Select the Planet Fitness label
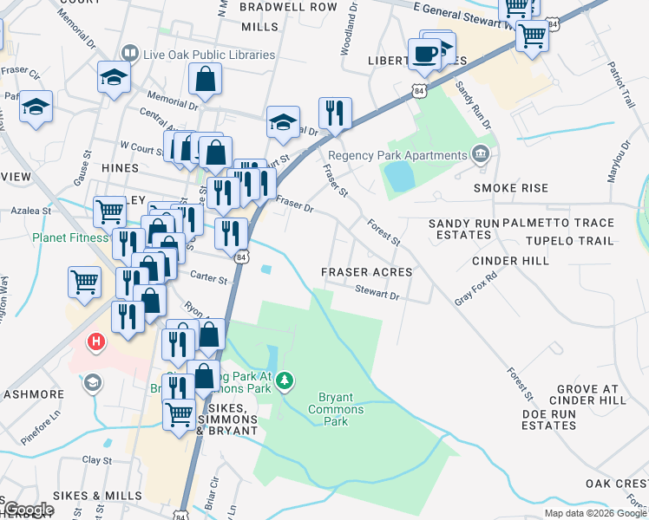click(x=71, y=237)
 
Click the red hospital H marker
click(x=97, y=341)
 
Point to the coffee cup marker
click(x=424, y=54)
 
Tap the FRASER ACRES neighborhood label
click(x=366, y=272)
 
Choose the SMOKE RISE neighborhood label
click(x=510, y=188)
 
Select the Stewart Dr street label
click(x=377, y=295)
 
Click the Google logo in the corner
click(x=29, y=509)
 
